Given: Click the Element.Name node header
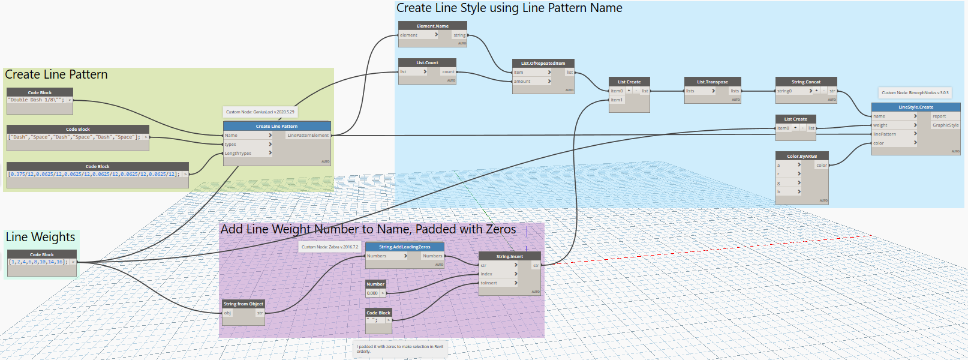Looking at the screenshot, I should [432, 26].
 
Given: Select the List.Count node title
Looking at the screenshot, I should [427, 62].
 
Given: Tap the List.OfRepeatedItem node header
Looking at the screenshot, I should [543, 63].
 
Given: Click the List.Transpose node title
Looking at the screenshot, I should [712, 82].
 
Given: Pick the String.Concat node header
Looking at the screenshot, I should [805, 82].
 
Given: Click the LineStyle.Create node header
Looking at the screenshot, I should [915, 107].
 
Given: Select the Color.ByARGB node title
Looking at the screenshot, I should [802, 156].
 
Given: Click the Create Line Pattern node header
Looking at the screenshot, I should [276, 126].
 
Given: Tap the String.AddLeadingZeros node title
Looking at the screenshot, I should [404, 247].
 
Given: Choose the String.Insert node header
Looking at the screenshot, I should [509, 256].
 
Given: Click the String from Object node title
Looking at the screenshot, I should [243, 304].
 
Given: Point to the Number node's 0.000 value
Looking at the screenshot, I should [372, 293].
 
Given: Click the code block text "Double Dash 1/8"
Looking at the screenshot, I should [37, 100].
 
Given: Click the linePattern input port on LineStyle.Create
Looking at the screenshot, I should [885, 134].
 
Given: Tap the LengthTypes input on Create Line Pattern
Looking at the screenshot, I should [238, 153].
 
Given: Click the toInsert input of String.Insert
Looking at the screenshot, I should [489, 283].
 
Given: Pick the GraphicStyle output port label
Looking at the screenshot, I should [945, 125].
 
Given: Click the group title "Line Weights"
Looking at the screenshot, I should [40, 237].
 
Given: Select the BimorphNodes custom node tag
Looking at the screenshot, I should [915, 92].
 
